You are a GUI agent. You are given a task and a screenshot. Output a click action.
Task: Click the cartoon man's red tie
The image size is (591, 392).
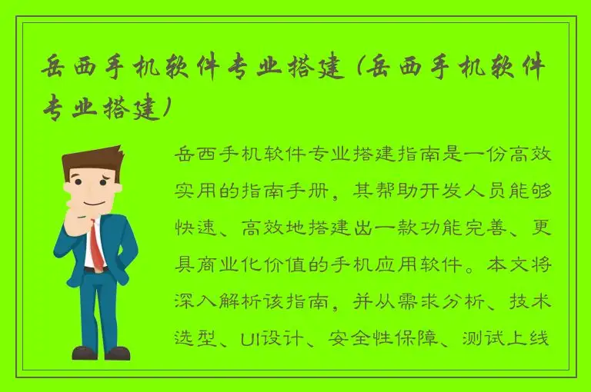click(x=95, y=243)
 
